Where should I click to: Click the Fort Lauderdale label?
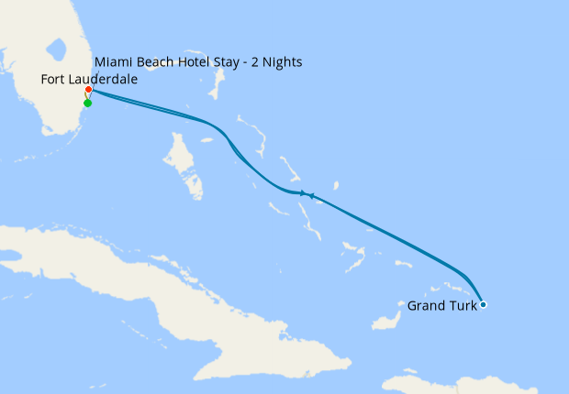coord(89,80)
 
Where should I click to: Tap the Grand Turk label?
coord(441,306)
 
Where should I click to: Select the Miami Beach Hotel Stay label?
coord(198,62)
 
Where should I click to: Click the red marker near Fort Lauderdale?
coord(88,91)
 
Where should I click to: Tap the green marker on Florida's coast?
coord(87,103)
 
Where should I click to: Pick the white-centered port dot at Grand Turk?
coord(483,304)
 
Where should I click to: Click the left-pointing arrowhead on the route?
coord(312,195)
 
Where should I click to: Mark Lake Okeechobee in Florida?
coord(58,47)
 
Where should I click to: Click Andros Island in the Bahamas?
coord(184,165)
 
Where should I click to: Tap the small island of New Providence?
coord(207,140)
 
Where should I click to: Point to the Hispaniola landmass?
coord(477,383)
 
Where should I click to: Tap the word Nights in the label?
coord(278,62)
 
